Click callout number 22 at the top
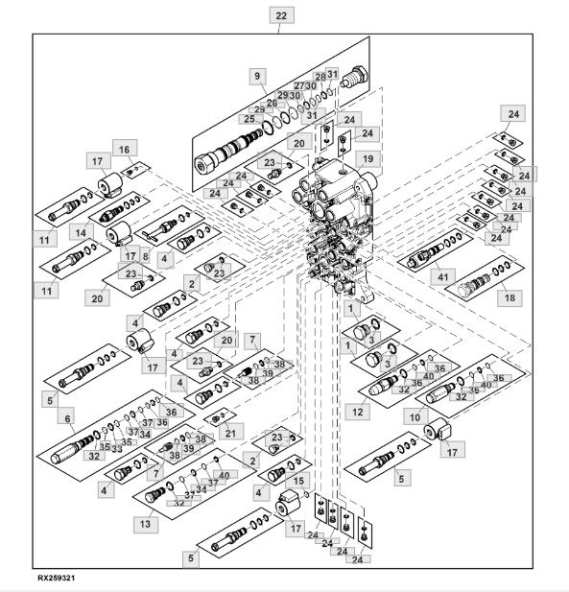click(x=281, y=16)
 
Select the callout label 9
click(x=257, y=76)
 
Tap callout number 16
click(x=125, y=150)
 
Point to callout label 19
click(x=367, y=159)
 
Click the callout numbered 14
click(x=82, y=232)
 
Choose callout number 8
click(x=146, y=256)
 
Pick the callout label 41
click(x=443, y=277)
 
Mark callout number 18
click(x=510, y=297)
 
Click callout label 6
click(x=67, y=418)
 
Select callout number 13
click(x=145, y=524)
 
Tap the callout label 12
click(x=357, y=412)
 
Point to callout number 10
click(x=415, y=417)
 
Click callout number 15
click(x=298, y=481)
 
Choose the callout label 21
click(x=230, y=433)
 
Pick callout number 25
click(x=249, y=119)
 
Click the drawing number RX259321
click(x=57, y=578)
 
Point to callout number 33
click(x=117, y=449)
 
